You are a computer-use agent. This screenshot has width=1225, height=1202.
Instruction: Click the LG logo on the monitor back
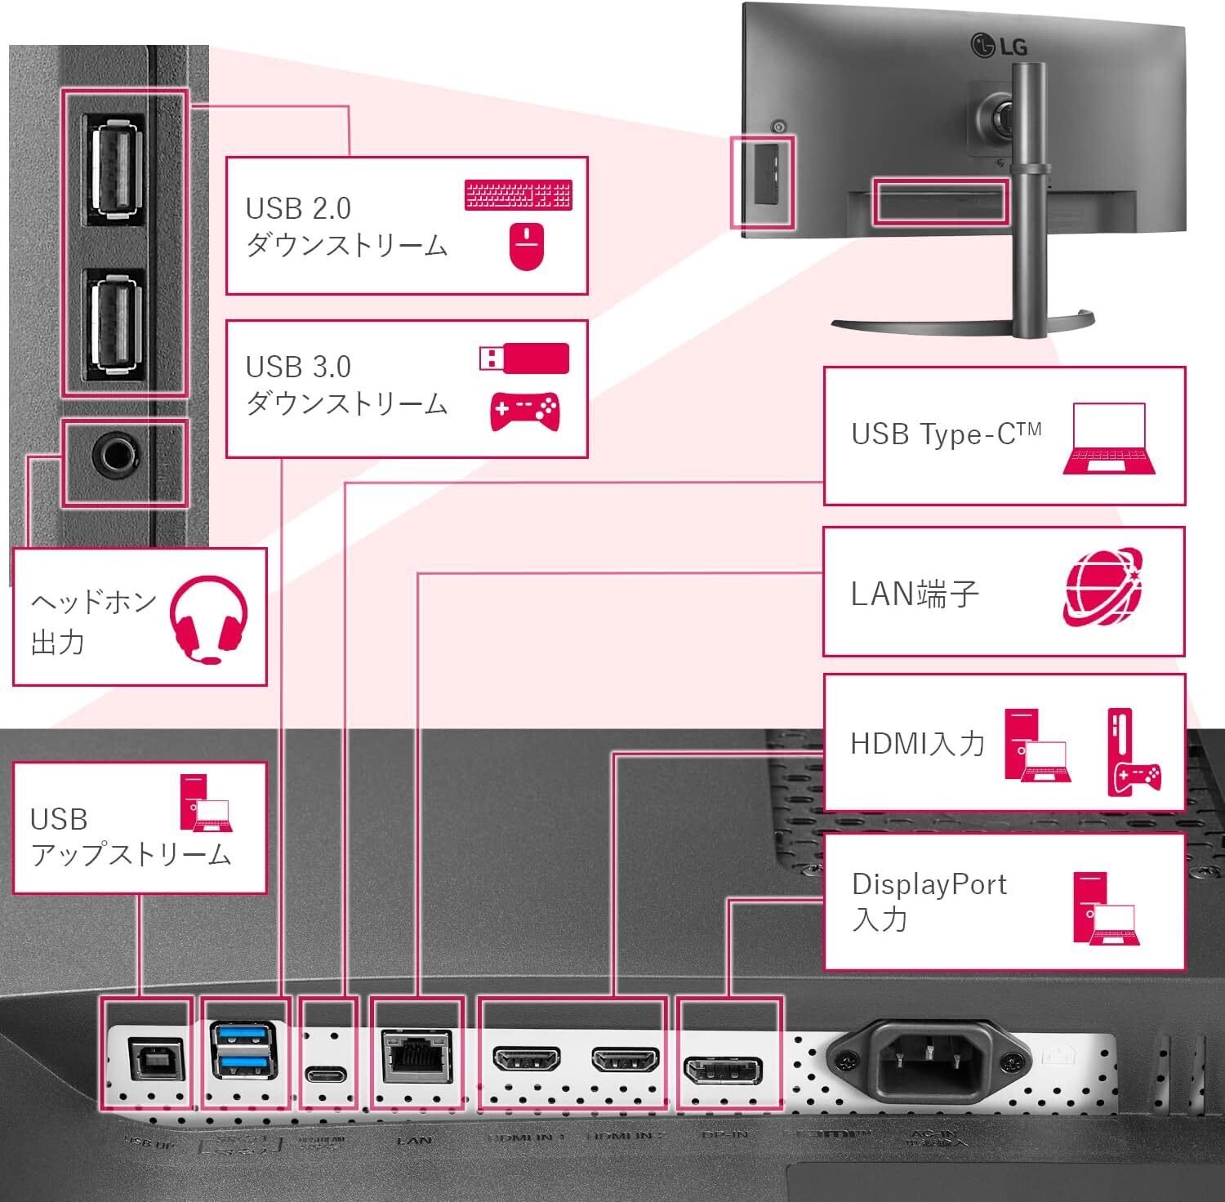(998, 46)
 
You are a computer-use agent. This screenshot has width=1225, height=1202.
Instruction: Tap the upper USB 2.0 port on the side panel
(114, 167)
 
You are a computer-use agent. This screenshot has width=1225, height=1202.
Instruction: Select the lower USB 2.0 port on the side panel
(114, 323)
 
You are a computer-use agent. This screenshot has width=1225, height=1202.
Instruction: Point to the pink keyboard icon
(518, 196)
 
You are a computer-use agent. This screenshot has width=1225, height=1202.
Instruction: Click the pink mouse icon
(527, 247)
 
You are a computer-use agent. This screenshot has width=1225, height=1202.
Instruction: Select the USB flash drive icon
(523, 358)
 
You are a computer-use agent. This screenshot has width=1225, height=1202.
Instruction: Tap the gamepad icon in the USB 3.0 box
(523, 412)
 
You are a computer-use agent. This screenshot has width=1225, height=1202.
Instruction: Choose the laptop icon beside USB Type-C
(1109, 439)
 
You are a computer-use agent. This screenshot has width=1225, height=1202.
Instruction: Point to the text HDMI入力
(917, 743)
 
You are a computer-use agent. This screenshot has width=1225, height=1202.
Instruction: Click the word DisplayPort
(929, 884)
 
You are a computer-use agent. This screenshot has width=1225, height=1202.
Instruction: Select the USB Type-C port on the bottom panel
(326, 1073)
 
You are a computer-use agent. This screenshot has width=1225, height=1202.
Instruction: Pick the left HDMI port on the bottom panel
(527, 1061)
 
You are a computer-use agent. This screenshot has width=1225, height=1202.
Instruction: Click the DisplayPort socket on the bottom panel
(723, 1069)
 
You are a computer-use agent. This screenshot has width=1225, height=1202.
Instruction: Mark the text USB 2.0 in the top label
(298, 208)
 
